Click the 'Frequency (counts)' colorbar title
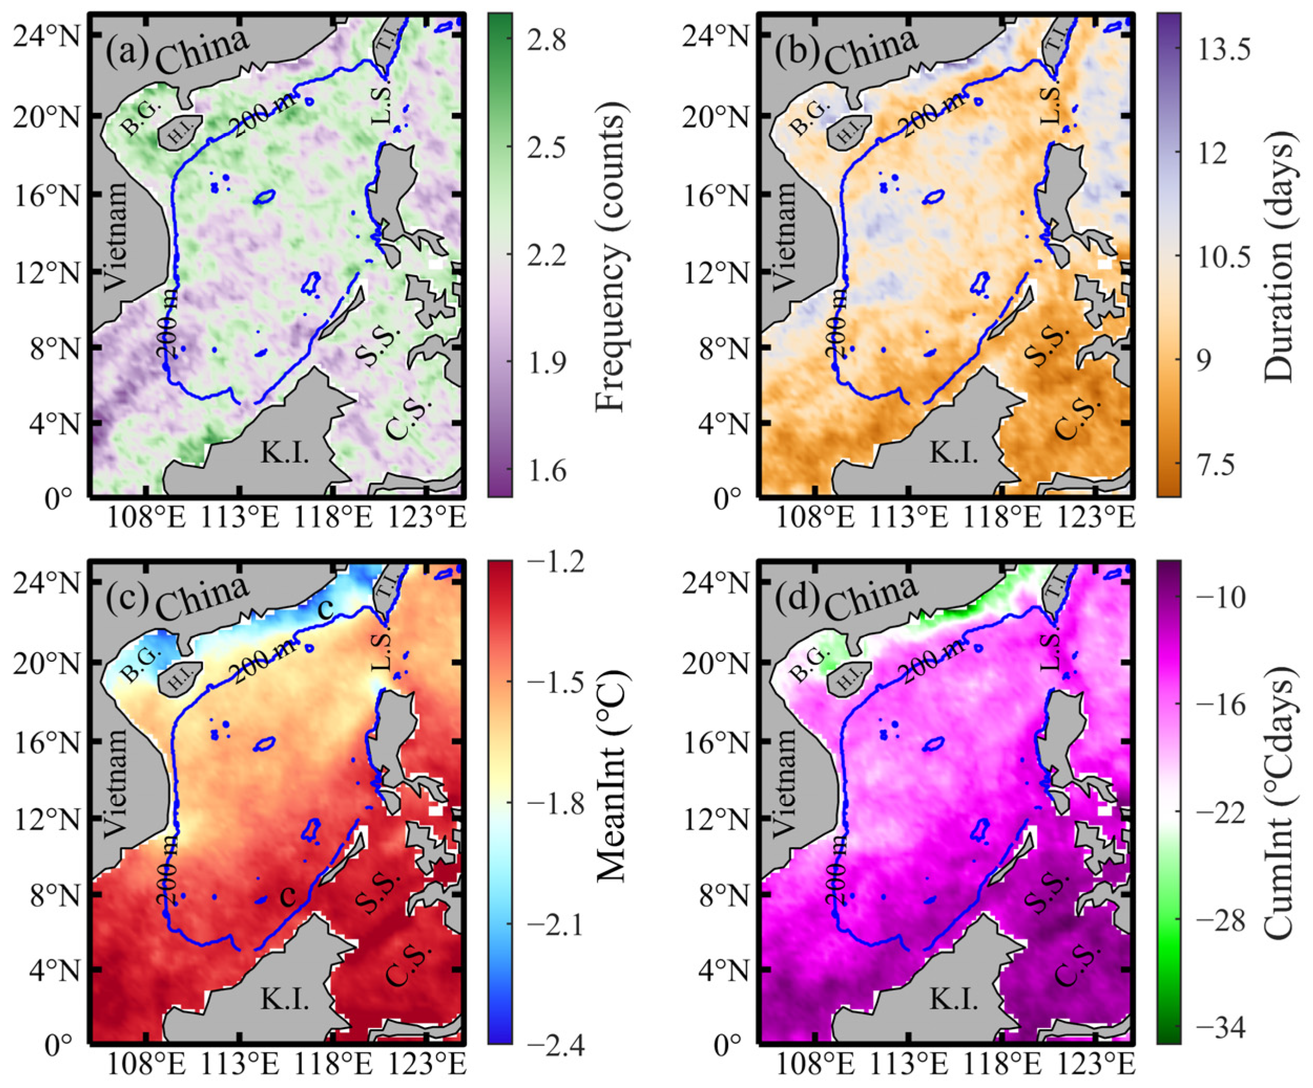click(x=610, y=255)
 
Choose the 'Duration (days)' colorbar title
click(x=1278, y=255)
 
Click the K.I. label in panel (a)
click(x=285, y=453)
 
